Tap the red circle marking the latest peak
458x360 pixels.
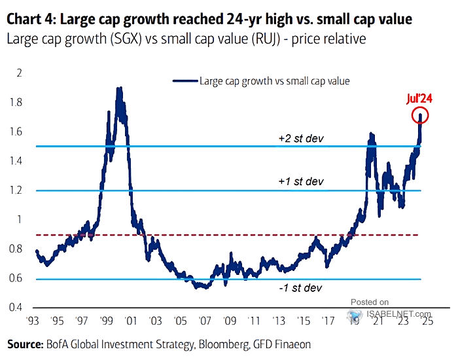pyautogui.click(x=420, y=117)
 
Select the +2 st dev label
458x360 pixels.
pyautogui.click(x=292, y=139)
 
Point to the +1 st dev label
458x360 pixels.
pyautogui.click(x=292, y=181)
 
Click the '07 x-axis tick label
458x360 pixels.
pyautogui.click(x=205, y=322)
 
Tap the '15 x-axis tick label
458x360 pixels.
pyautogui.click(x=301, y=322)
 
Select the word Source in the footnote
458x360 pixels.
pyautogui.click(x=24, y=344)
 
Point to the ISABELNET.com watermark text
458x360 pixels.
pyautogui.click(x=396, y=314)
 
